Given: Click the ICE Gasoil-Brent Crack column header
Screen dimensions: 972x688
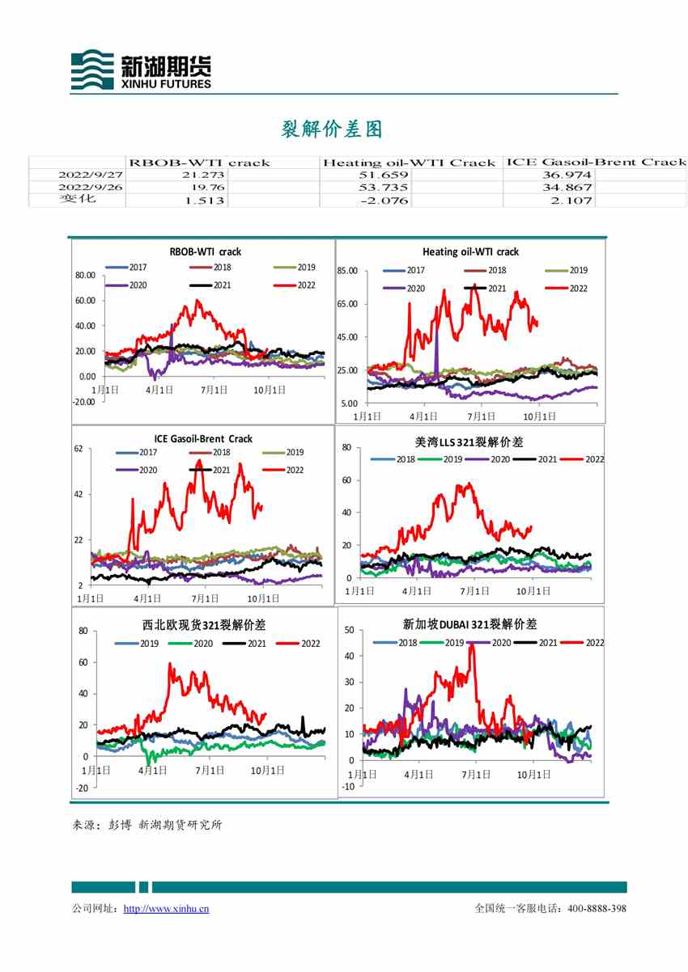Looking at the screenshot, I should [595, 162].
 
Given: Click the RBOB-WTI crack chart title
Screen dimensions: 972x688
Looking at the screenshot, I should [205, 251].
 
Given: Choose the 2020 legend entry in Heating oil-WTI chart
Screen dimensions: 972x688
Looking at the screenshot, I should [406, 288].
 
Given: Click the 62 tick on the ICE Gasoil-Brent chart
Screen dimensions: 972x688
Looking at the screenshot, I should [79, 448].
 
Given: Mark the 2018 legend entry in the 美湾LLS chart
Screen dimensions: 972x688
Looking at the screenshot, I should [397, 459].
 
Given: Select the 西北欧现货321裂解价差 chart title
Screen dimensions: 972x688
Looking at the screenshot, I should [203, 625].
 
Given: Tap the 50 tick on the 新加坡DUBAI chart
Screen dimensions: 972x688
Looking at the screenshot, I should [350, 629].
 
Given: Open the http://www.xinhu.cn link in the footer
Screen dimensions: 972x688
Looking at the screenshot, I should [166, 909].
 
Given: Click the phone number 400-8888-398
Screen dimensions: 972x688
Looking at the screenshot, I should [597, 909].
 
